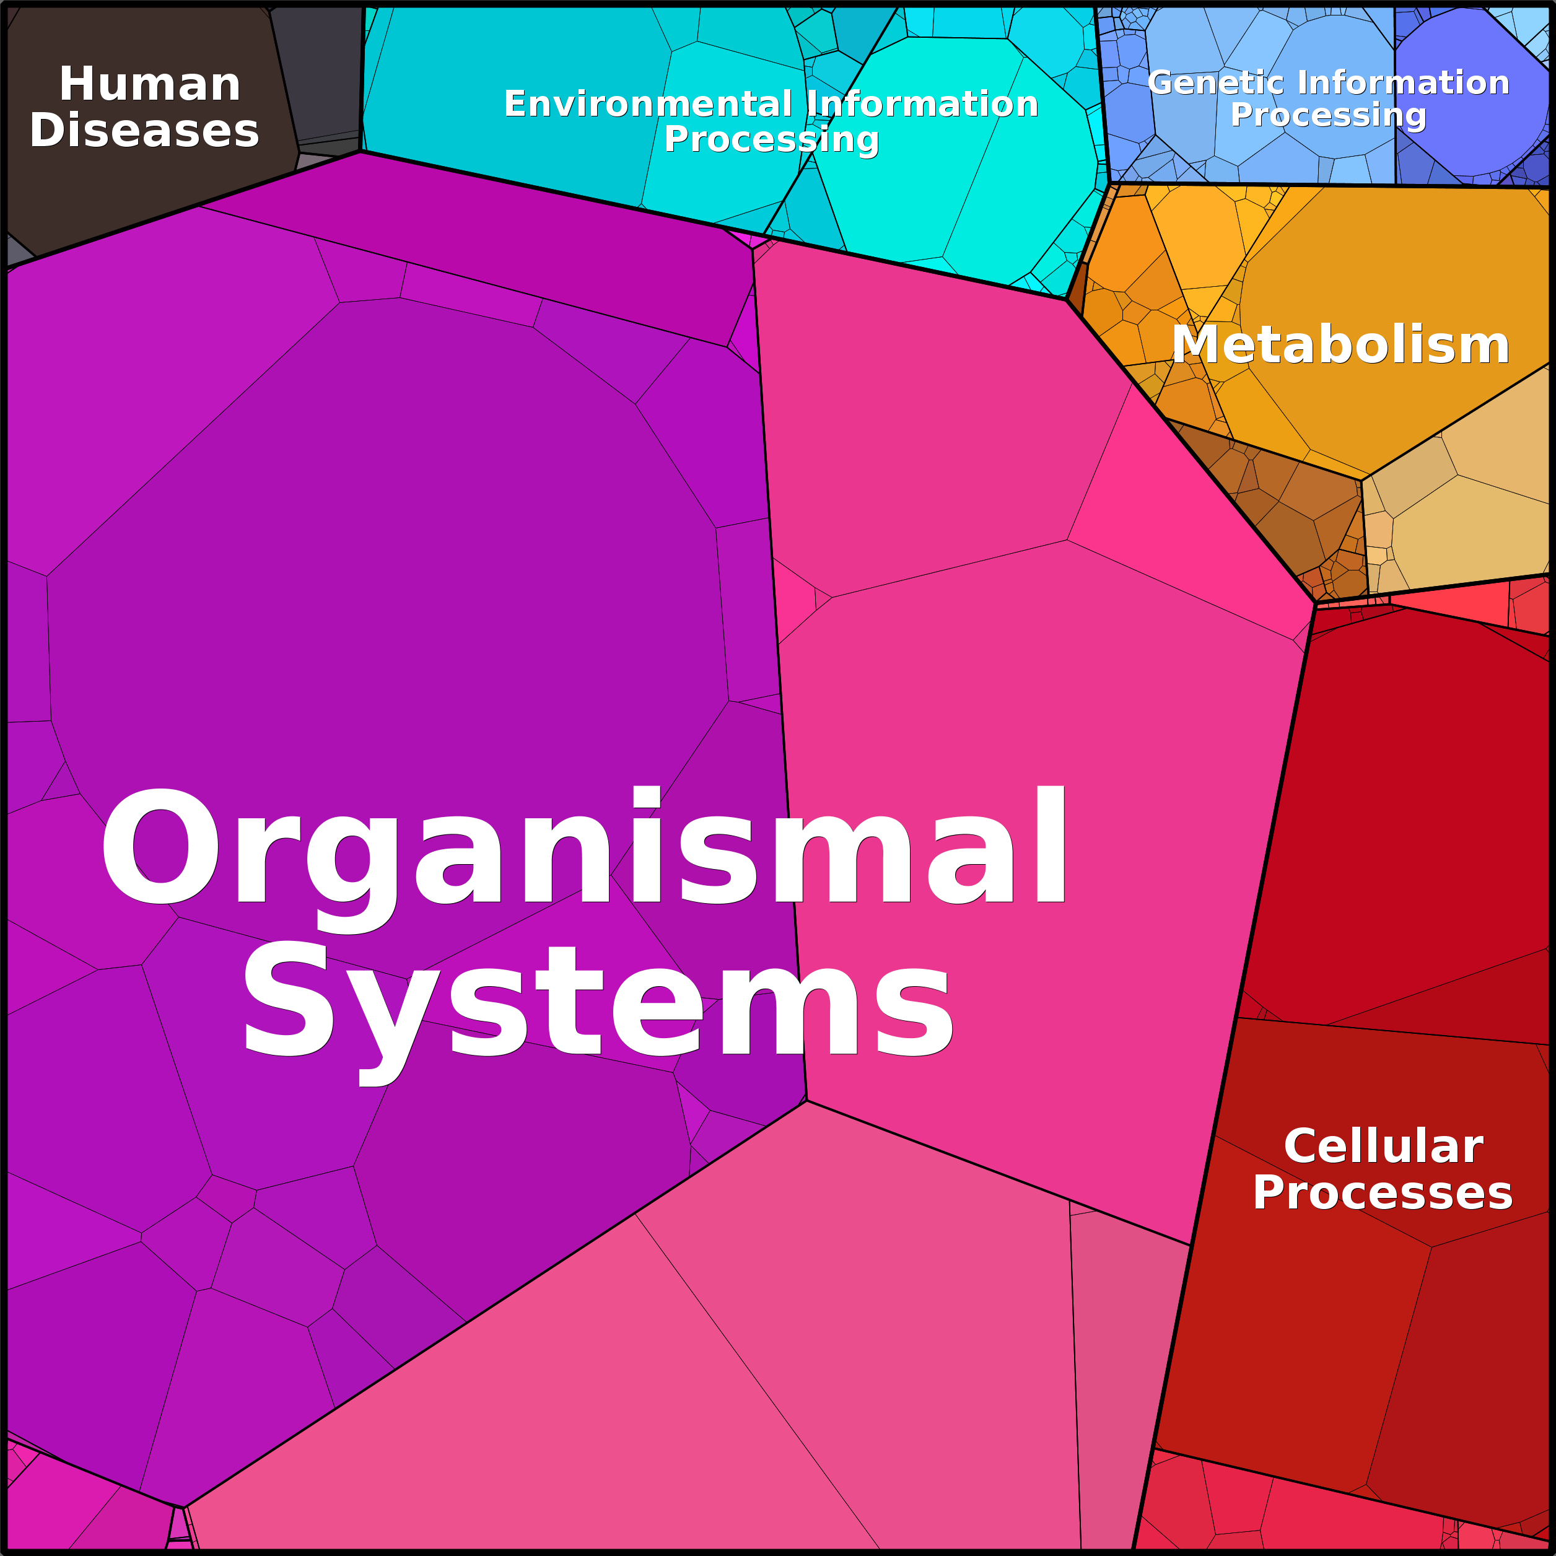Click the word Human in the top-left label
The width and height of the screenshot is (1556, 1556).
(151, 85)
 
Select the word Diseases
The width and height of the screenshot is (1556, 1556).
(145, 131)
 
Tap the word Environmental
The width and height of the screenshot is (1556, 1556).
(649, 104)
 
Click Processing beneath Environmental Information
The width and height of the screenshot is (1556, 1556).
(772, 140)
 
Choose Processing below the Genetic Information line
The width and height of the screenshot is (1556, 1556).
(1329, 115)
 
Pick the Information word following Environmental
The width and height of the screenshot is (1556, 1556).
(922, 104)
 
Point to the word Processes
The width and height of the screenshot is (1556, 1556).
(1383, 1193)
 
